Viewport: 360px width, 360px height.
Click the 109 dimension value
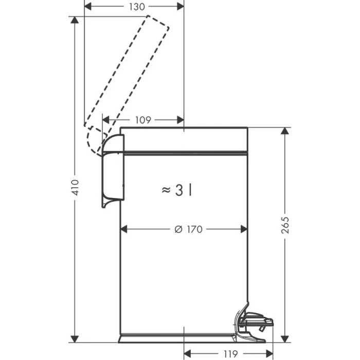coord(142,120)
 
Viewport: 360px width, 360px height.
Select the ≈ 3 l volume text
coord(177,190)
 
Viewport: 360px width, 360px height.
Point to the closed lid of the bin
coord(184,139)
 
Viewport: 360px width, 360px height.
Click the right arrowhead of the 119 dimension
coord(269,354)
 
